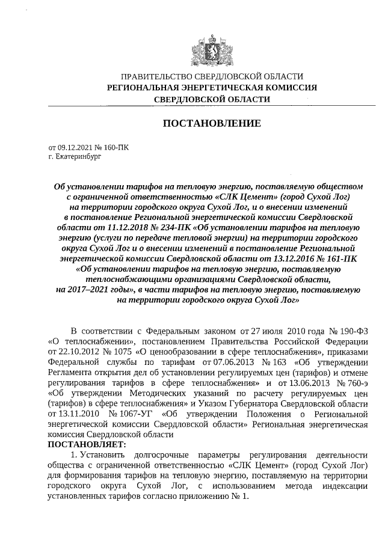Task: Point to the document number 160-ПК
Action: coord(116,147)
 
